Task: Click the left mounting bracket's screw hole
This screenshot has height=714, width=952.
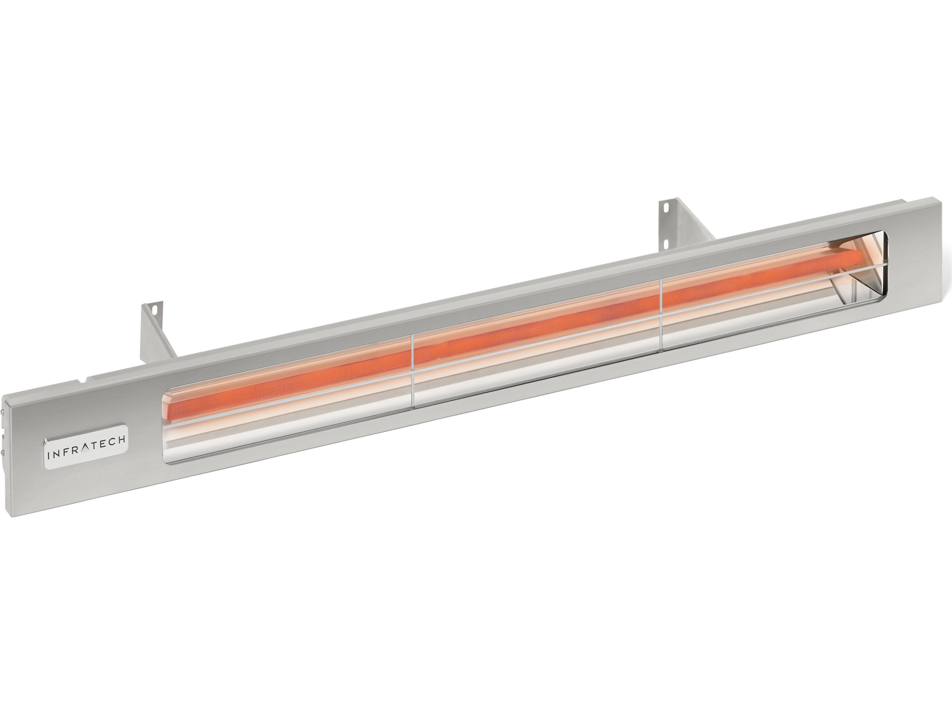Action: pyautogui.click(x=154, y=309)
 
